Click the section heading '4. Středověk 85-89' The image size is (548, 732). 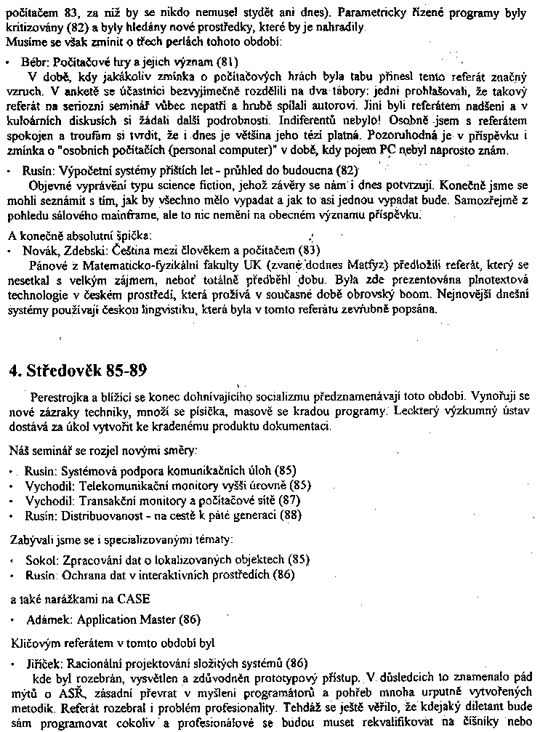click(x=78, y=371)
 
